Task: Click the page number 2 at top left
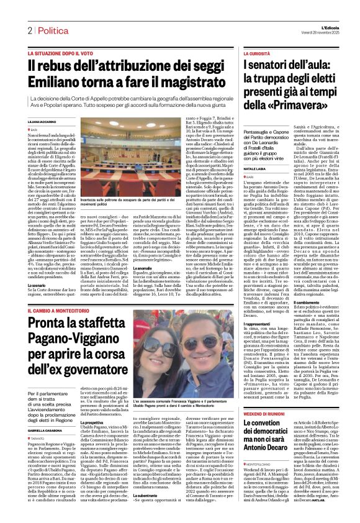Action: (29, 30)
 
